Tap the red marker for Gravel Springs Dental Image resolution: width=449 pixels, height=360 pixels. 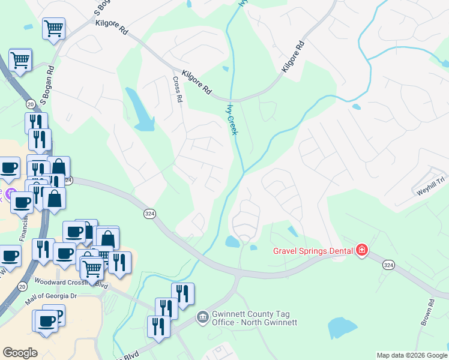361,250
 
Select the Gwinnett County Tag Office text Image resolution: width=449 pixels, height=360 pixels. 247,318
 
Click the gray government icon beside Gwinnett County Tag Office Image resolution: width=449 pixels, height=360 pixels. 202,316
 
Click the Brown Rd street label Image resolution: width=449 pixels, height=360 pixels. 428,313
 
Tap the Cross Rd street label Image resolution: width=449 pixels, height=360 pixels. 177,89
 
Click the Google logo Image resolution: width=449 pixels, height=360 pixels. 20,353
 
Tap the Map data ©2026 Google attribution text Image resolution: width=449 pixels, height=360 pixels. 411,355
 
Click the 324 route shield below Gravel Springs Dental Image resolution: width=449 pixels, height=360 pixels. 388,265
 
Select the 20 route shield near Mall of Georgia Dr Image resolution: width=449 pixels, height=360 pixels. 22,287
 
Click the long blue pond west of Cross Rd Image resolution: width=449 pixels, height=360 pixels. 140,110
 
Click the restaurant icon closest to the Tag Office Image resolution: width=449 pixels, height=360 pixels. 158,326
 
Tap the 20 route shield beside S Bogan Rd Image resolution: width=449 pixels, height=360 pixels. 29,103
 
